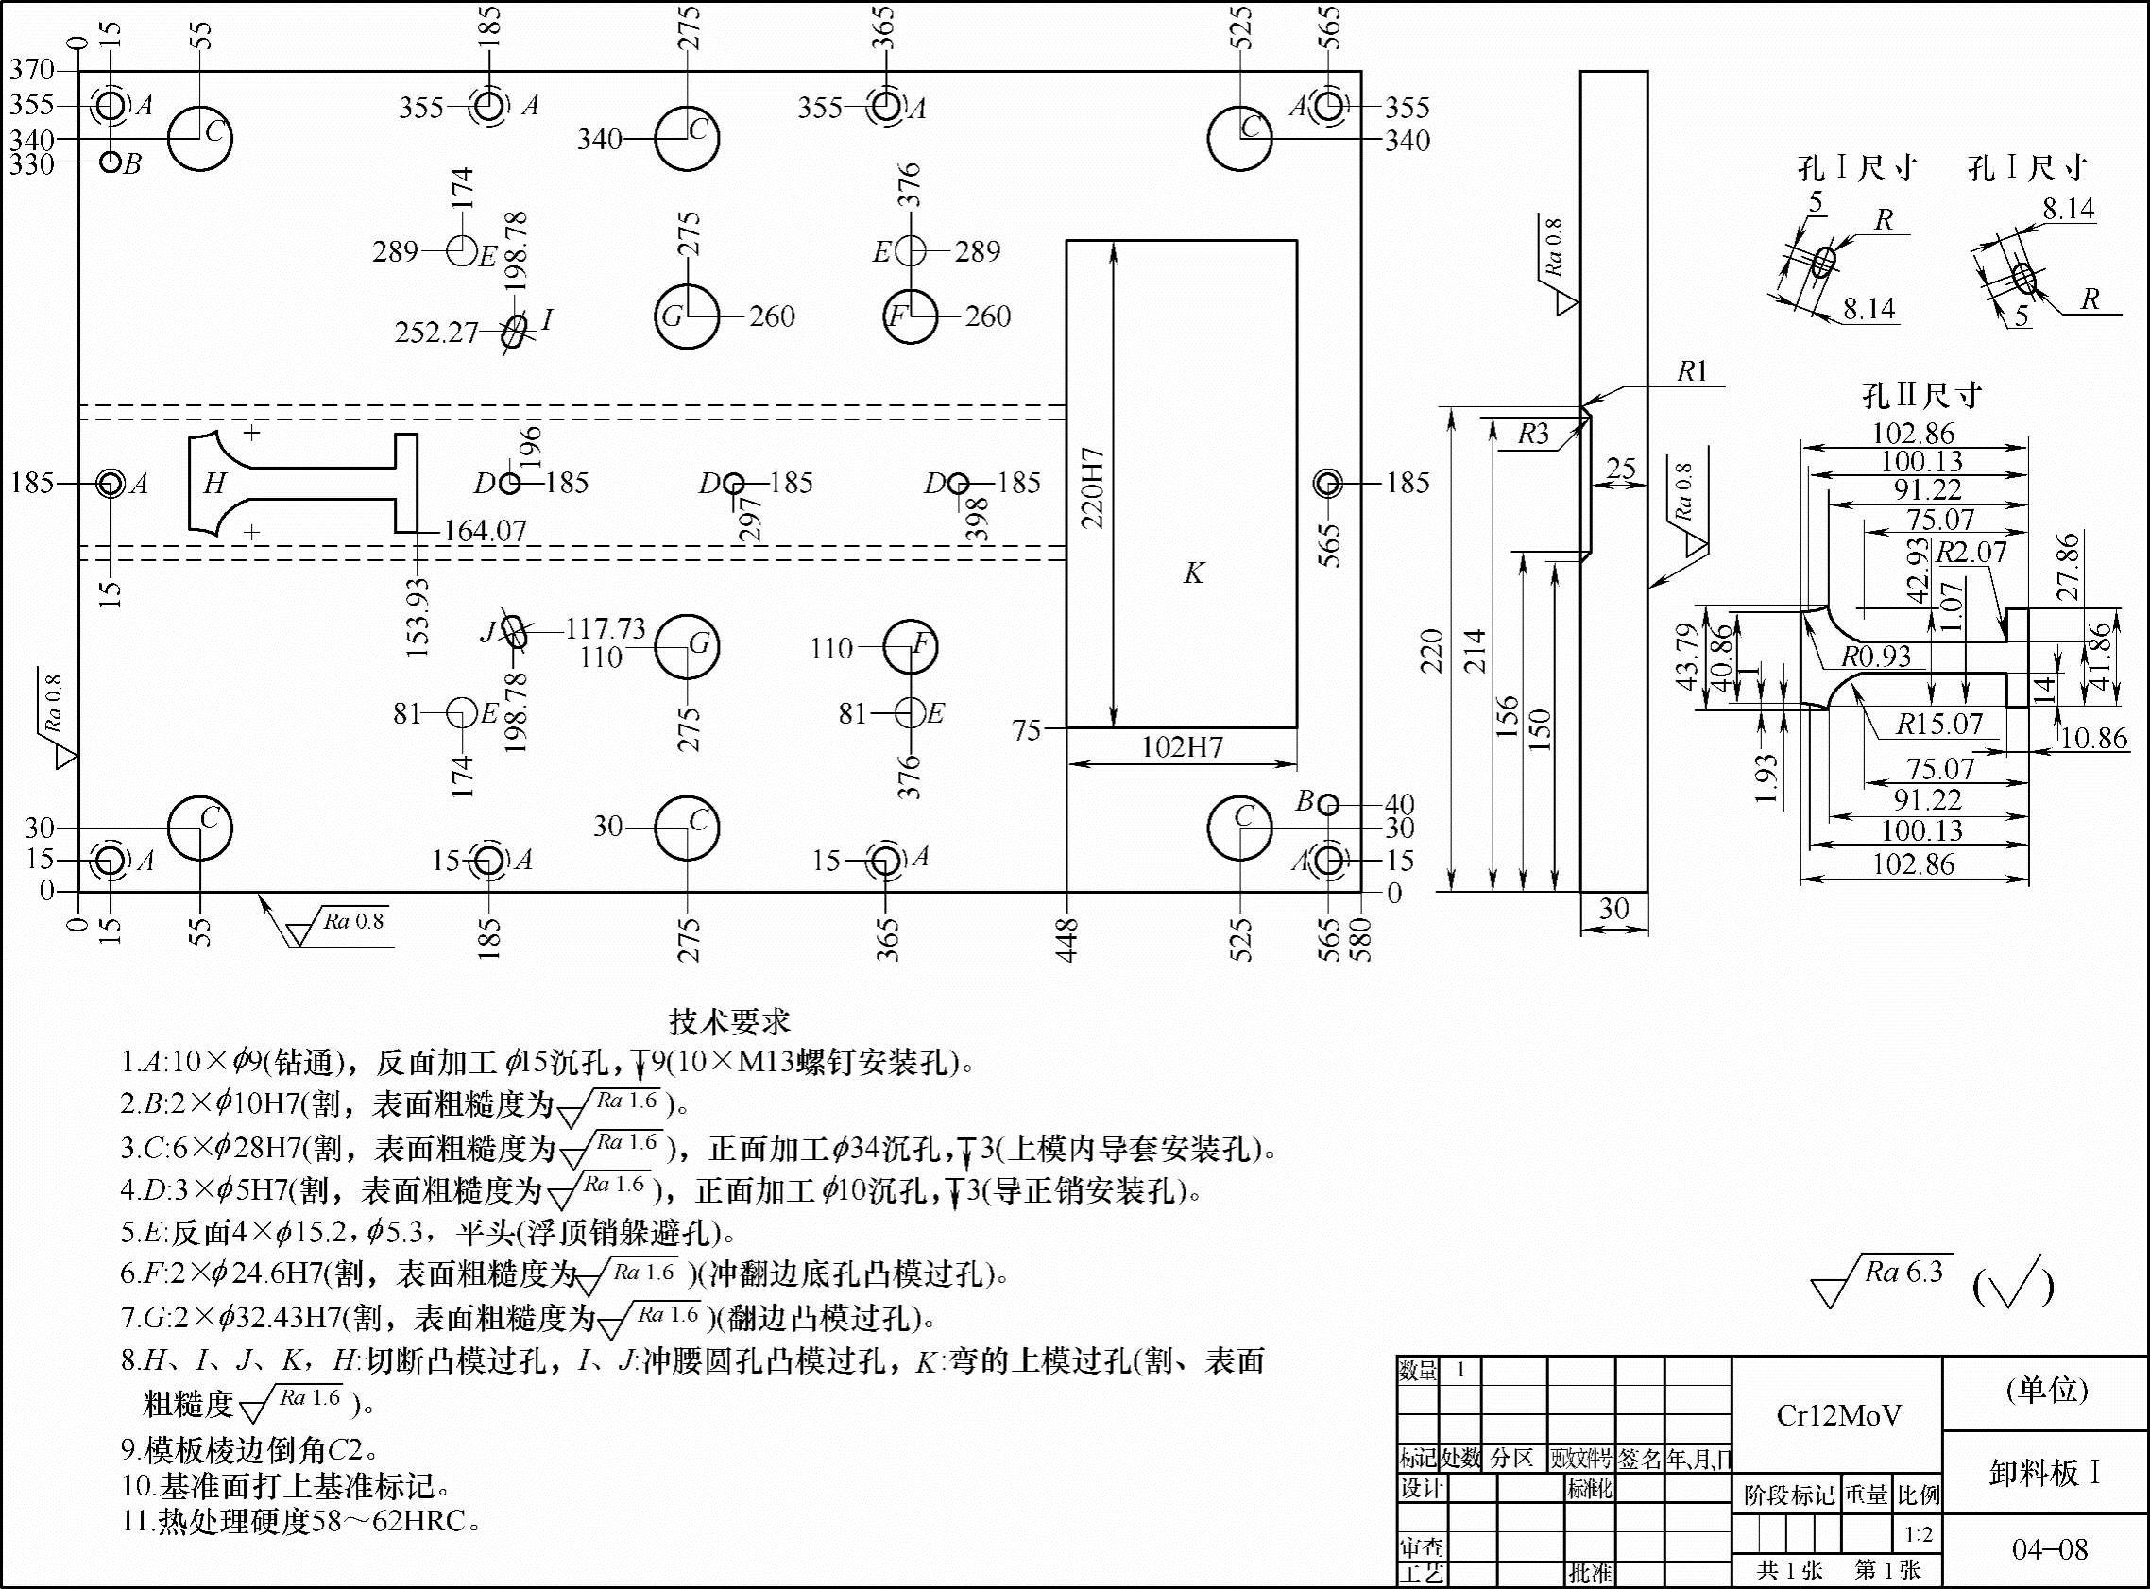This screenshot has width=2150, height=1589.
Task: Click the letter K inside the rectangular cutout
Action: (x=1193, y=574)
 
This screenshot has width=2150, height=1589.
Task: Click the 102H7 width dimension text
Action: (x=1182, y=747)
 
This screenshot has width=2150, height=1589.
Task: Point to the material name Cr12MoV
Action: (x=1837, y=1415)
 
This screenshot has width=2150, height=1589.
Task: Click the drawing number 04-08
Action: (x=2050, y=1549)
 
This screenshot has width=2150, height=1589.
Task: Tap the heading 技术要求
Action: (x=730, y=1020)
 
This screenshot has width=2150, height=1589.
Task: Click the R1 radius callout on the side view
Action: (x=1691, y=371)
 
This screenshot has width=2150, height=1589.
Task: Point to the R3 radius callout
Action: (x=1534, y=435)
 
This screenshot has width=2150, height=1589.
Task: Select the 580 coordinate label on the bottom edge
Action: (x=1361, y=939)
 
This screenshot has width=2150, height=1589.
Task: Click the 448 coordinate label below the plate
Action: (x=1067, y=939)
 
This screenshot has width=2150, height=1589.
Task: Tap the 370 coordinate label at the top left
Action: (x=32, y=69)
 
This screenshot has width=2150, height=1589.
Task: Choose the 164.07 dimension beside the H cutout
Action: (x=485, y=531)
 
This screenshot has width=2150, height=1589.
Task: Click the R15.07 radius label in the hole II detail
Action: (x=1938, y=725)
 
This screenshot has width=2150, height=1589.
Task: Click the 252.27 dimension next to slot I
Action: (x=436, y=333)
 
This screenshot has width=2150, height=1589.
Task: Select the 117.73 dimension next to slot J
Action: (x=605, y=628)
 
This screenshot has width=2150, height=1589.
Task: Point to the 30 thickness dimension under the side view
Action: (x=1613, y=909)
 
